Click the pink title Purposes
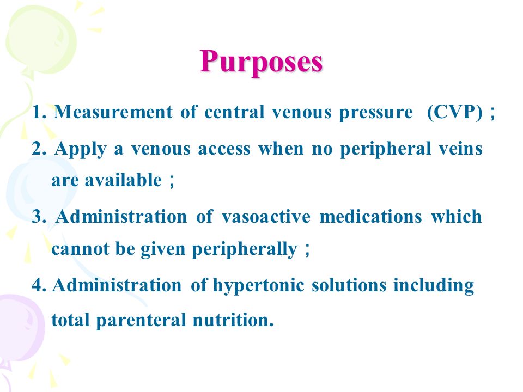click(x=261, y=62)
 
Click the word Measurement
click(x=113, y=112)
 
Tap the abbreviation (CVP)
click(x=454, y=112)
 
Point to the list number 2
click(x=39, y=149)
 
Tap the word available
click(x=123, y=180)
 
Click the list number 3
click(x=39, y=217)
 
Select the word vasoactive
click(x=266, y=217)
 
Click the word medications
click(x=370, y=217)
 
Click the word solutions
click(x=349, y=285)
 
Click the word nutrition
click(x=233, y=320)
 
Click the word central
click(x=234, y=112)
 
